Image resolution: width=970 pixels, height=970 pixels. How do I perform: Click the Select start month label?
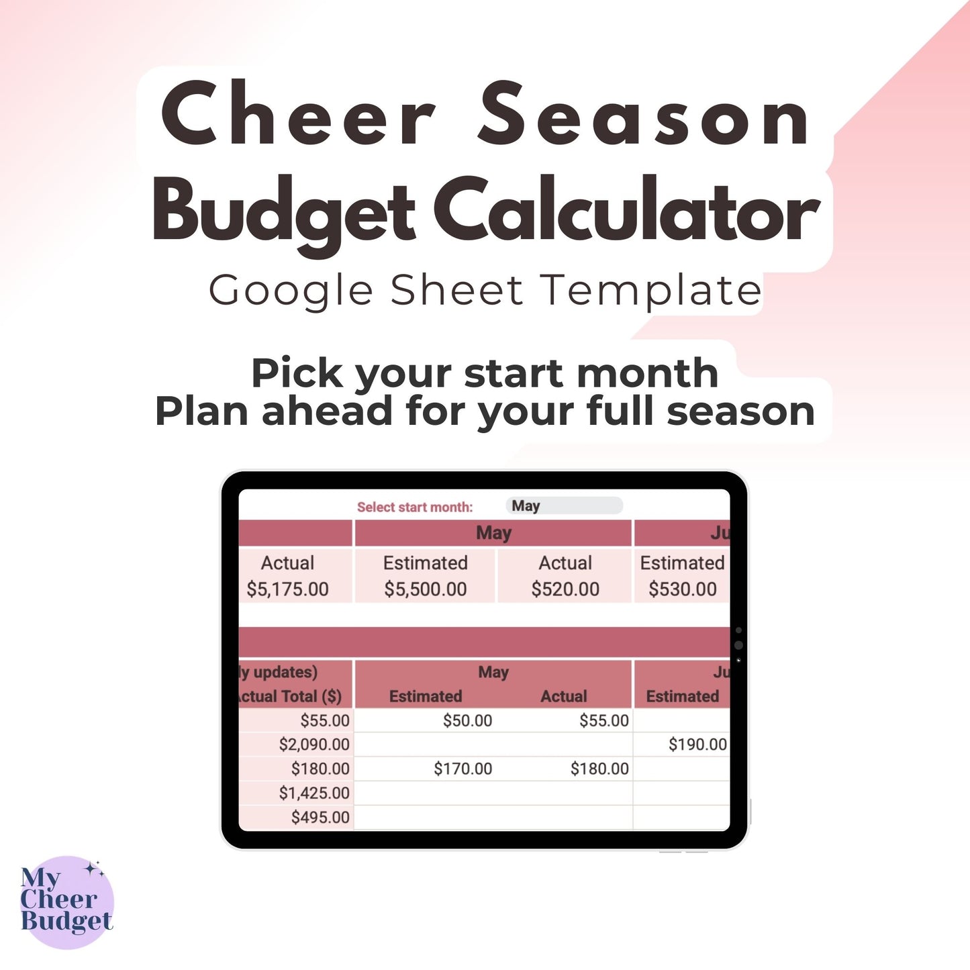[415, 507]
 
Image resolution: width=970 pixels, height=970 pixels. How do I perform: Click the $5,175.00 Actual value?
[287, 589]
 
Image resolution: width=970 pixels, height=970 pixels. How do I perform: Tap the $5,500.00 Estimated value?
[425, 589]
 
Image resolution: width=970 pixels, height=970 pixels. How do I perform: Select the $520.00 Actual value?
[565, 589]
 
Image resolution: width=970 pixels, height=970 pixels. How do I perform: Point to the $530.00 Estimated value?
[682, 589]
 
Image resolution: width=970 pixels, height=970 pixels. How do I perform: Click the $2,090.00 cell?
[314, 744]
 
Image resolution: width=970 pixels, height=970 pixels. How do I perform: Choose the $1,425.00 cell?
[314, 793]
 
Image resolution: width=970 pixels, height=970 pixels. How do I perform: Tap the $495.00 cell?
[320, 817]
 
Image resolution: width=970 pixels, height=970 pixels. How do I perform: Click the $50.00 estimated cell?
[467, 721]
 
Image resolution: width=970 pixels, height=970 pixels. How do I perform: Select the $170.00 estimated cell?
[463, 769]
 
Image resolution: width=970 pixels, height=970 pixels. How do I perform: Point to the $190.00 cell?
[697, 744]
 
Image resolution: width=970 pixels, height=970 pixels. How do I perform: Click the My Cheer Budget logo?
[66, 902]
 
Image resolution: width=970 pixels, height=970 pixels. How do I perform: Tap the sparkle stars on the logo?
[95, 870]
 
